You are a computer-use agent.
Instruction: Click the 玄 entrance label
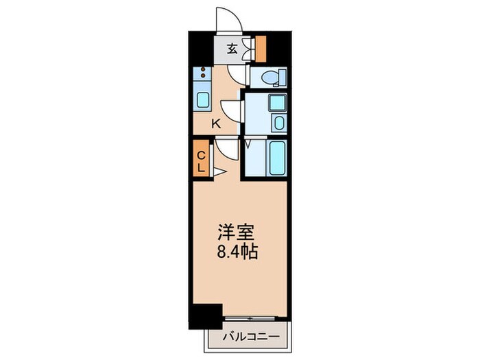click(x=232, y=49)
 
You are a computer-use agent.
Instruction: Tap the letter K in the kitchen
click(x=215, y=124)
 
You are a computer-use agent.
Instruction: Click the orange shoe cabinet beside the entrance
click(x=261, y=47)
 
